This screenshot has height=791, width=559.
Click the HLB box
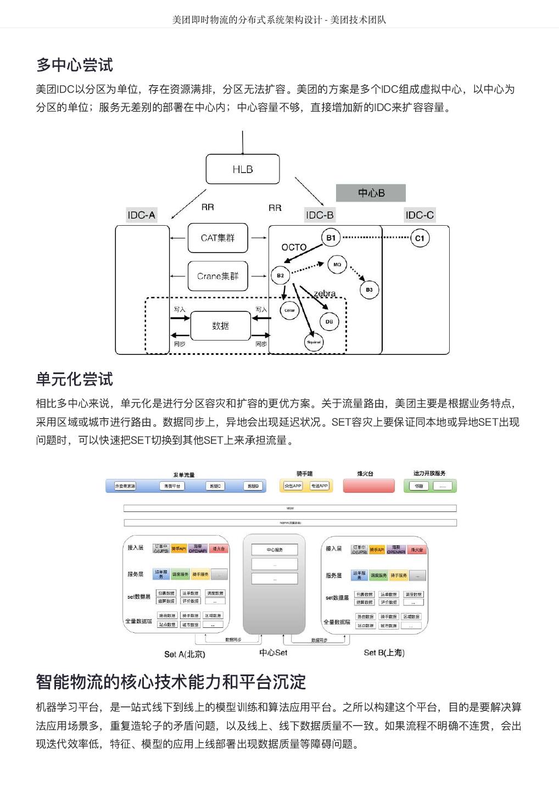pos(242,169)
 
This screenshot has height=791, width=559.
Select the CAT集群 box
pos(217,238)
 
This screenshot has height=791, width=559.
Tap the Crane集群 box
pos(217,276)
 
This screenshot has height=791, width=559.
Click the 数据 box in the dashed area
pos(220,326)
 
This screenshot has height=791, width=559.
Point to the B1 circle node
pos(331,238)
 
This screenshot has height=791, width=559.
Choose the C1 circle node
pos(420,238)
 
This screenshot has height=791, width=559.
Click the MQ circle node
pos(337,264)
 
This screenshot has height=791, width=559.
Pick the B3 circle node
pos(369,289)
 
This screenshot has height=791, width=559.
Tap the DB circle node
pos(329,322)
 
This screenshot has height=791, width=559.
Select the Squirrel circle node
pos(314,342)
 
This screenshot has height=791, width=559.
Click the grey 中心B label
pos(371,193)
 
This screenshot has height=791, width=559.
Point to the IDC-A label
pos(141,215)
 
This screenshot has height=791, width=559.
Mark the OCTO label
pos(294,247)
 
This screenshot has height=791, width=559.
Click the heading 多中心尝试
pos(75,65)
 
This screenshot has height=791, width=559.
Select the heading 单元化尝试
pos(75,379)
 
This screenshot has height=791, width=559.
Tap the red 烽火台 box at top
pos(368,486)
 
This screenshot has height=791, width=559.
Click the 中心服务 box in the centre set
pos(275,549)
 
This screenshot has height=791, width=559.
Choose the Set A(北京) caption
pos(185,654)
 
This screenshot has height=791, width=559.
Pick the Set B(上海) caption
pos(384,653)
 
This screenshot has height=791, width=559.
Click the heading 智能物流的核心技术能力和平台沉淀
pos(171,682)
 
